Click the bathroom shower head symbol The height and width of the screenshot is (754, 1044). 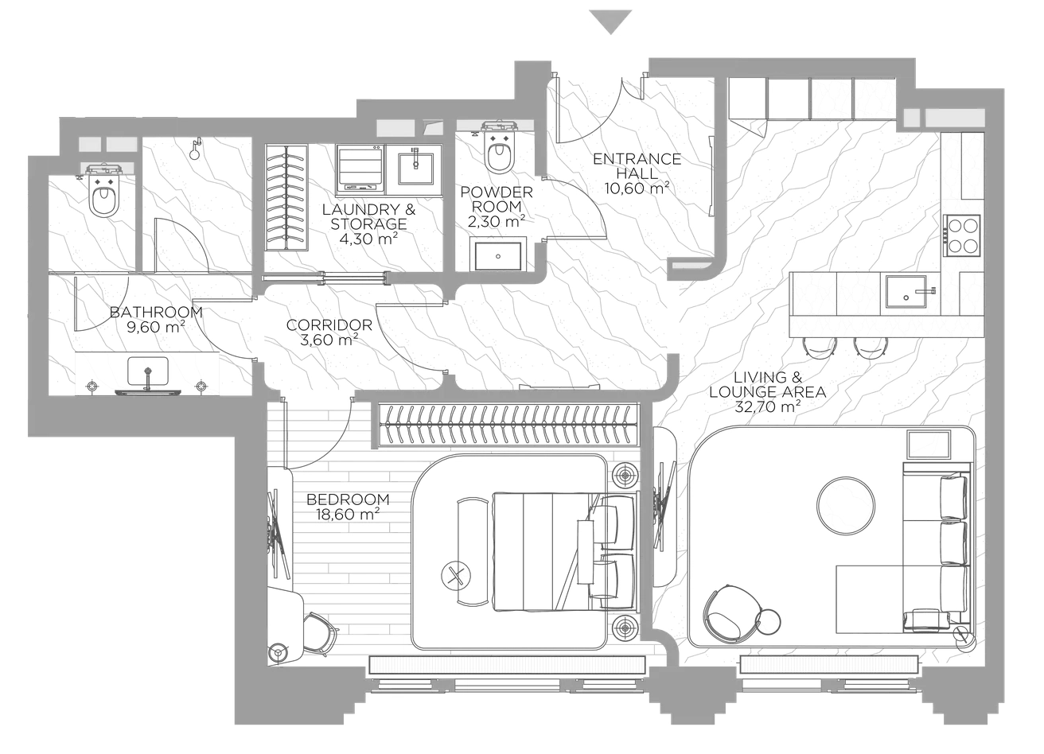point(195,148)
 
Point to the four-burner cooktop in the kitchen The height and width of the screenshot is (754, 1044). point(961,235)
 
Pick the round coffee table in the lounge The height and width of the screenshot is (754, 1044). point(846,504)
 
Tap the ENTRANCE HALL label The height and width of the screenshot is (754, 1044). point(637,166)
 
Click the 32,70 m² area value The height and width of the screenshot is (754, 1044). point(767,406)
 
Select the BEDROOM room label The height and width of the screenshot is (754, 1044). point(348,499)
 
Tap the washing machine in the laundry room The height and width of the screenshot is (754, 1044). point(360,169)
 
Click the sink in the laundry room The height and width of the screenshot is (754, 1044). point(419,169)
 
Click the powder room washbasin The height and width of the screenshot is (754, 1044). point(498,256)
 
